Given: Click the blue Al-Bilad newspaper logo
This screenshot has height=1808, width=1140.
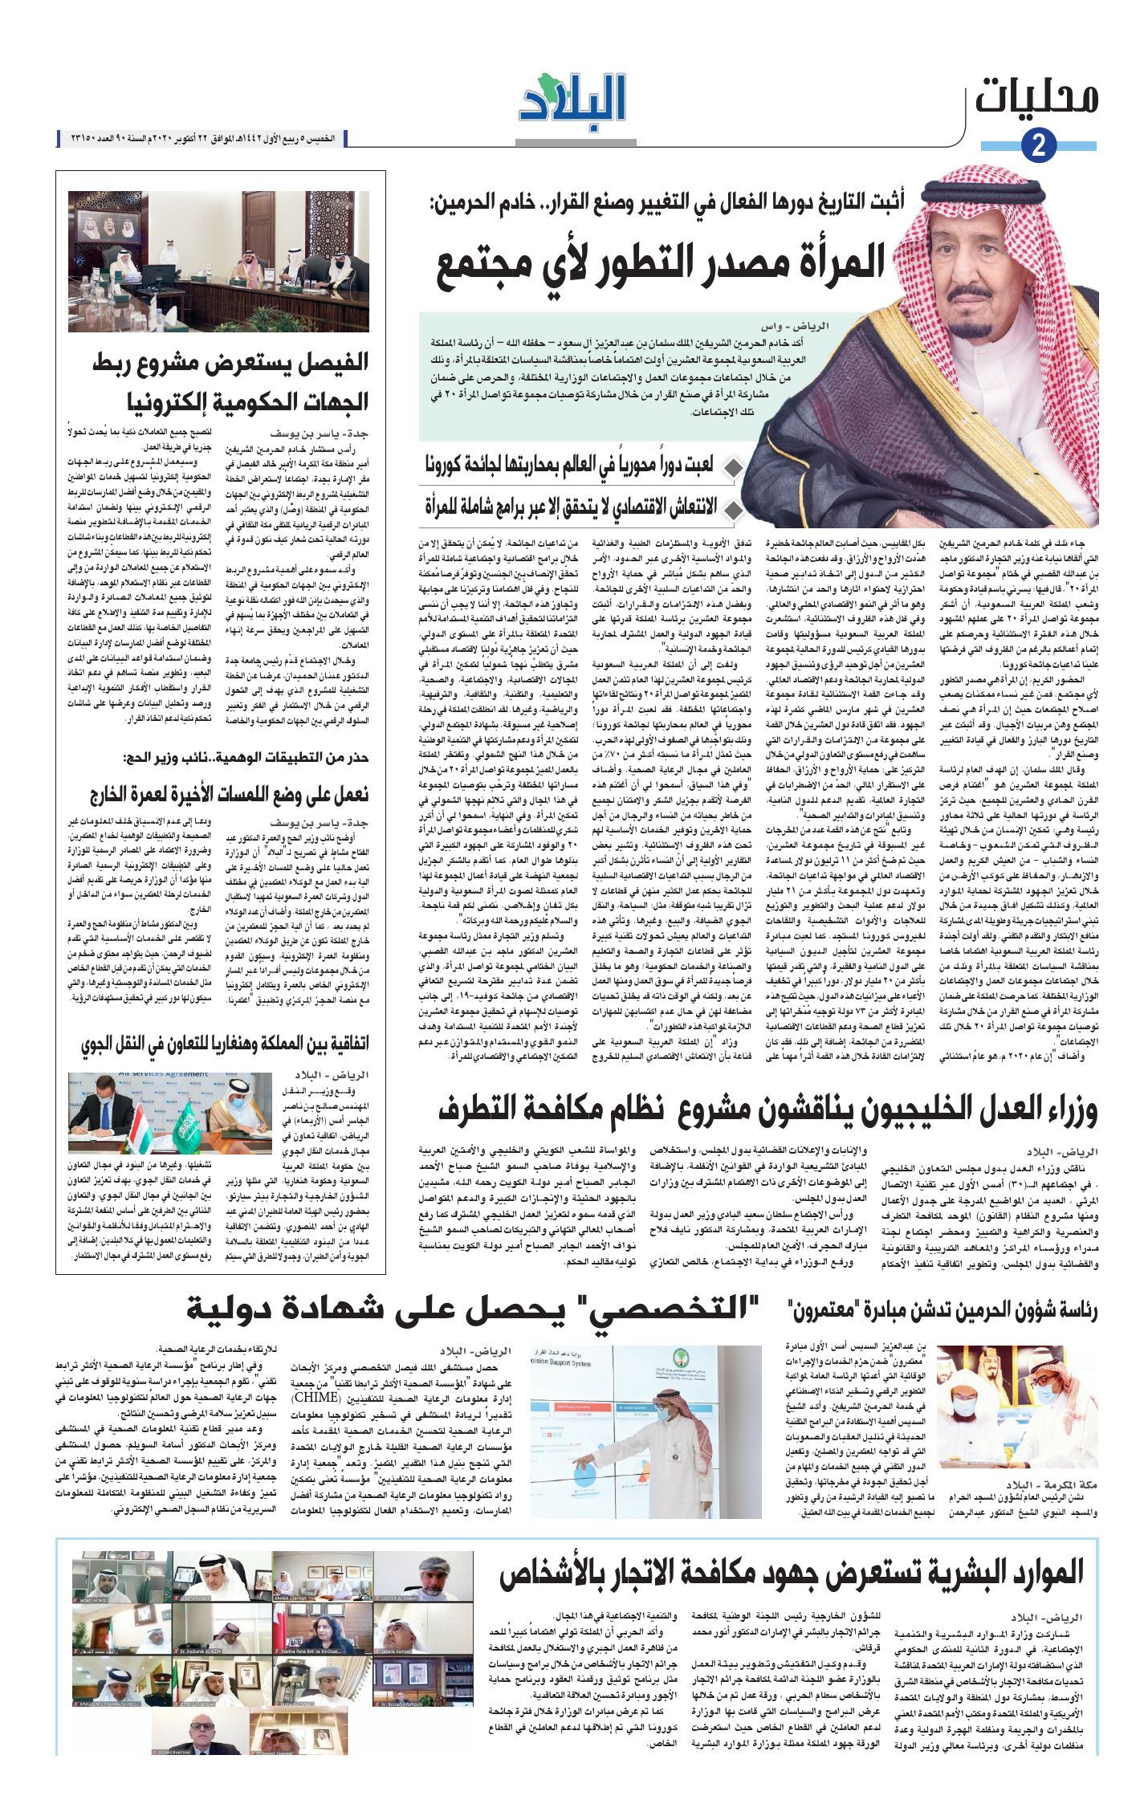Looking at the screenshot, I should coord(572,102).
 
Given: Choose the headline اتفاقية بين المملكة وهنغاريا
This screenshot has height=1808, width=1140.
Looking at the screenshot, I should coord(226,1044).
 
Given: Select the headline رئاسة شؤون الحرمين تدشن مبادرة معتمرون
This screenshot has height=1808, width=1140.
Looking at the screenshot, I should coord(943,1310).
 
